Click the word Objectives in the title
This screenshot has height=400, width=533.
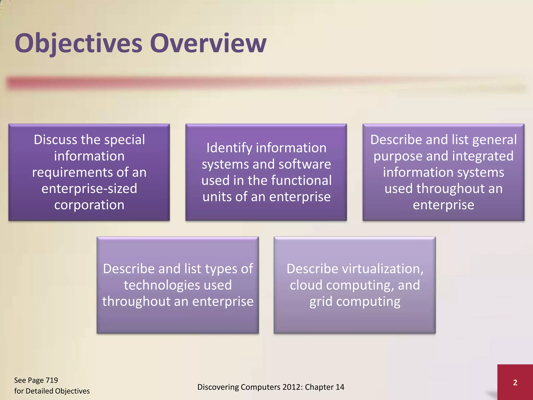(x=78, y=43)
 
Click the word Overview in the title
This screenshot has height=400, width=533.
(x=208, y=43)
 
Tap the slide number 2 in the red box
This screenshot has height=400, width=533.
(x=515, y=382)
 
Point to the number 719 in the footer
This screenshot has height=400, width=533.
(x=52, y=380)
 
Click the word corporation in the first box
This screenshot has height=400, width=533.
(x=89, y=205)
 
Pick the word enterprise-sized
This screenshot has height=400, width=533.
(x=89, y=188)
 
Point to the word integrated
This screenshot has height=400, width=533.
(x=483, y=156)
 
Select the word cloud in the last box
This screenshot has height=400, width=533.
(x=306, y=285)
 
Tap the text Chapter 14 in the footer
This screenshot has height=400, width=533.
(x=324, y=387)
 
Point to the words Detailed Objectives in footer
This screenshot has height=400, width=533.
(x=58, y=391)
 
